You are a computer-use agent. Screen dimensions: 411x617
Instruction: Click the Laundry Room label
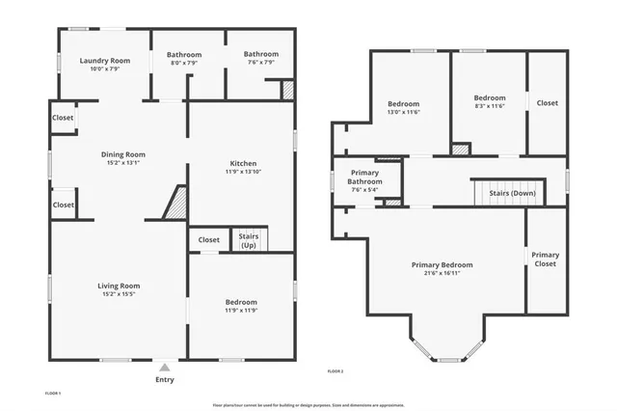[x=104, y=61]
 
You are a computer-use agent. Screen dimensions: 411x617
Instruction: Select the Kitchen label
[x=243, y=163]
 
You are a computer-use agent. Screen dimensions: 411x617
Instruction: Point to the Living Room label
[x=119, y=286]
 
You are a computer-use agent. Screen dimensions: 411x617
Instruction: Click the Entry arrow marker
[x=165, y=368]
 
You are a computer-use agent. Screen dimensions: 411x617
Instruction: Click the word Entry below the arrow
[x=165, y=380]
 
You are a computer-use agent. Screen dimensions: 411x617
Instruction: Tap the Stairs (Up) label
[x=248, y=239]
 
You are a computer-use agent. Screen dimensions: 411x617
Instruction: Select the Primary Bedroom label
[x=442, y=264]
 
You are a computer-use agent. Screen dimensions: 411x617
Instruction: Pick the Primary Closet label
[x=546, y=259]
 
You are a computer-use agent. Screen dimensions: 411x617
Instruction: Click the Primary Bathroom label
[x=364, y=177]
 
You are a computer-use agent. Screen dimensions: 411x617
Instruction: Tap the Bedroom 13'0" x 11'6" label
[x=403, y=104]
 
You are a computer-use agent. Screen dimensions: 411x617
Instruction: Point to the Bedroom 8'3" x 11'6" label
[x=489, y=97]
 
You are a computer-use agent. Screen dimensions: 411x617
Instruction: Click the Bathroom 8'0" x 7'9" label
[x=183, y=55]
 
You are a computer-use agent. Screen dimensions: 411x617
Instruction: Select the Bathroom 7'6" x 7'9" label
[x=260, y=54]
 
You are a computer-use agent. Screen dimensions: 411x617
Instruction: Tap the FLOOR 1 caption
[x=53, y=393]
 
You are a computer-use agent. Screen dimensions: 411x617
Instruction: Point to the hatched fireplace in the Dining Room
[x=176, y=204]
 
